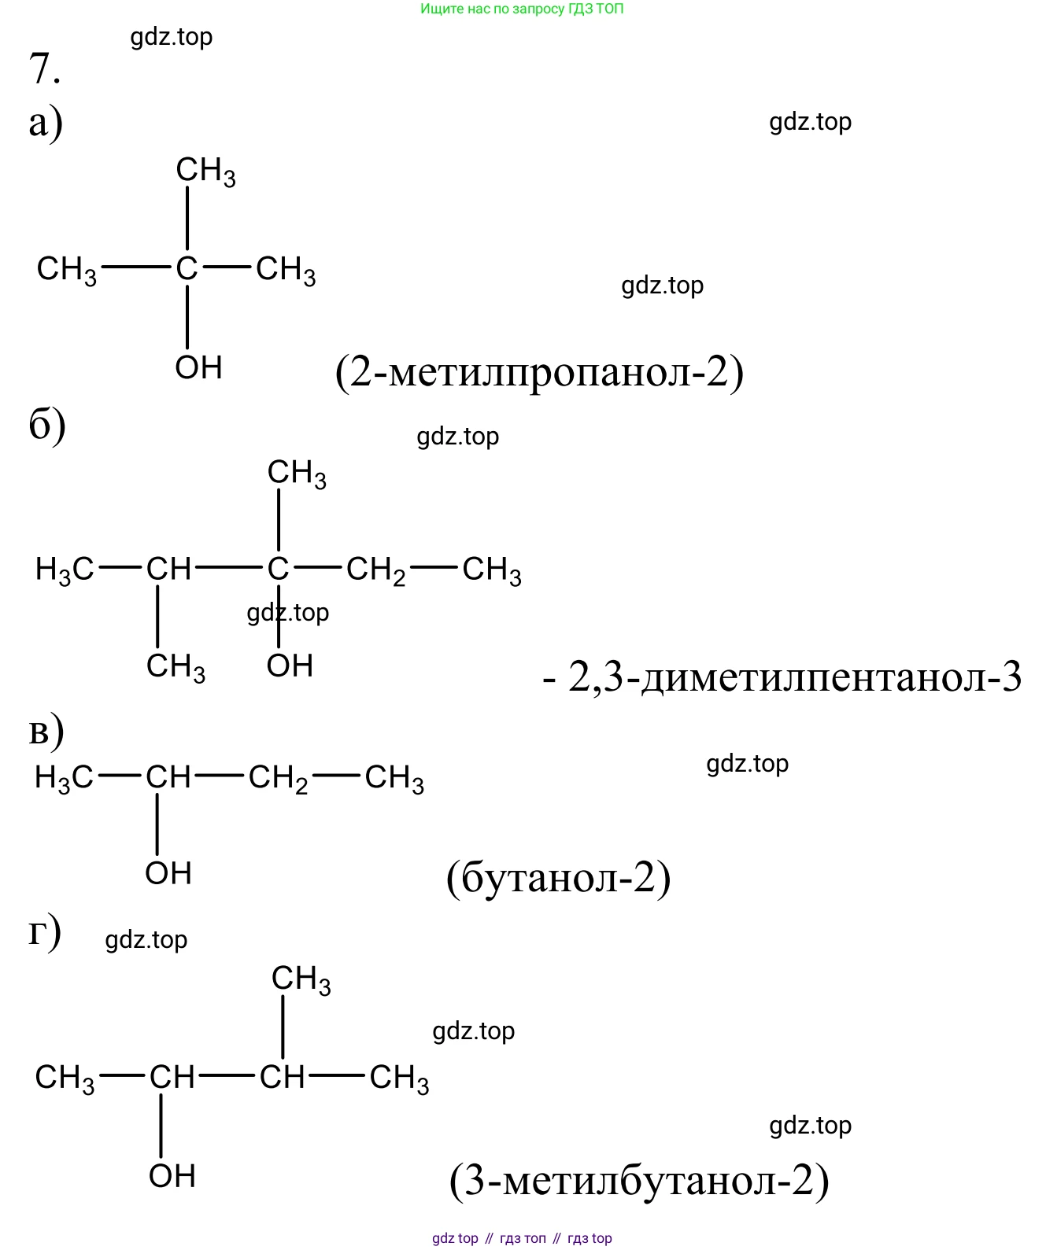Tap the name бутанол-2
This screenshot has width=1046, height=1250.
tap(558, 878)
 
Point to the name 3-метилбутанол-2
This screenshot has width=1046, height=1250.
tap(639, 1180)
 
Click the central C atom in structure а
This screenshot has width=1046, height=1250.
tap(187, 267)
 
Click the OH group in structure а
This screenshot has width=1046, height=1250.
tap(198, 367)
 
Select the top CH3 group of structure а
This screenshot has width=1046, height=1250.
tap(205, 171)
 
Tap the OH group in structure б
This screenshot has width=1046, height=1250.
tap(290, 665)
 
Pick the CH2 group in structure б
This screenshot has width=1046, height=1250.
tap(375, 570)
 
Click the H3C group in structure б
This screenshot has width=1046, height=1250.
tap(65, 570)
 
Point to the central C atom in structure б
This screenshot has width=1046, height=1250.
tap(278, 568)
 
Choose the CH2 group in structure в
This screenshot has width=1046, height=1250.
tap(278, 778)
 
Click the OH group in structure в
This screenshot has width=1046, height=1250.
tap(168, 873)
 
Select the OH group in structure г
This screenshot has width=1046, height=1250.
tap(172, 1176)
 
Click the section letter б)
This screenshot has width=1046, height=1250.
tap(46, 425)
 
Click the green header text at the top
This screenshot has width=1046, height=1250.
tap(522, 9)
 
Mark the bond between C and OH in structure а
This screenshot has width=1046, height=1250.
tap(187, 317)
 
